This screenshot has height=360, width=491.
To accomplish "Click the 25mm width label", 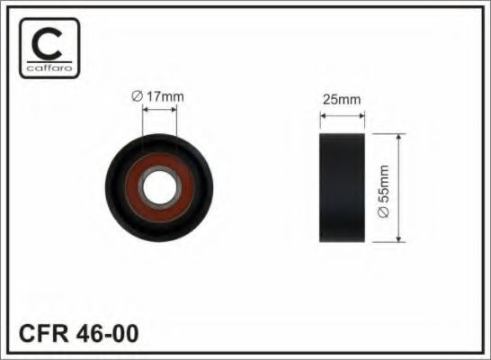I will (x=343, y=102).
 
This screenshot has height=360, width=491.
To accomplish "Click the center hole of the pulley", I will (x=162, y=186).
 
